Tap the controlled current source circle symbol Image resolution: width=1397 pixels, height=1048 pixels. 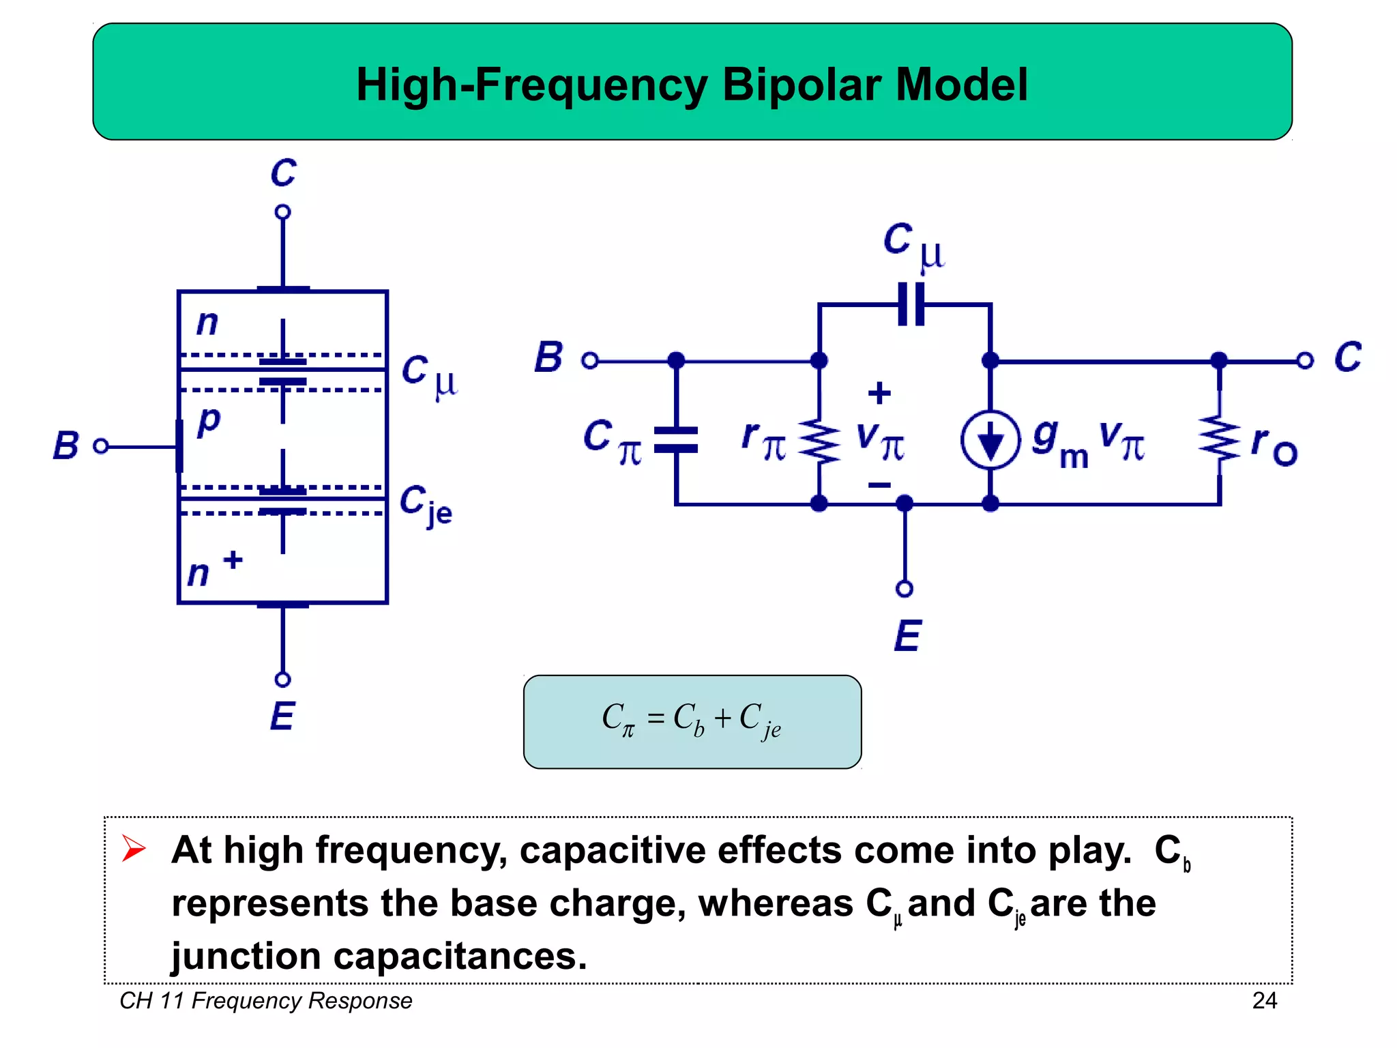990,439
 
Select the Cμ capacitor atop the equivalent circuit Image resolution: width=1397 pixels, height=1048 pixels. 911,304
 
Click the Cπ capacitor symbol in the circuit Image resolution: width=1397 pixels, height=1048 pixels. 675,439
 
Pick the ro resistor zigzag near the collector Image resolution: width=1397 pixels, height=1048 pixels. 1220,439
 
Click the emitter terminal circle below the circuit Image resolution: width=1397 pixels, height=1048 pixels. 905,588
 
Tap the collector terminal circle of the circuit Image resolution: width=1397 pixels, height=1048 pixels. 1304,360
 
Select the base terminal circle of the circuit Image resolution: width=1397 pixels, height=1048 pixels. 590,360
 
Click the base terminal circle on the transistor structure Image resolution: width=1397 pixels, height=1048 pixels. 101,446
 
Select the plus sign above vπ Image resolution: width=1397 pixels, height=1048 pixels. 879,393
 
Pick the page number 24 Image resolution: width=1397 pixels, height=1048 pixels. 1264,1000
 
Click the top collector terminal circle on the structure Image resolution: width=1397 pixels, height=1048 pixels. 282,212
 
